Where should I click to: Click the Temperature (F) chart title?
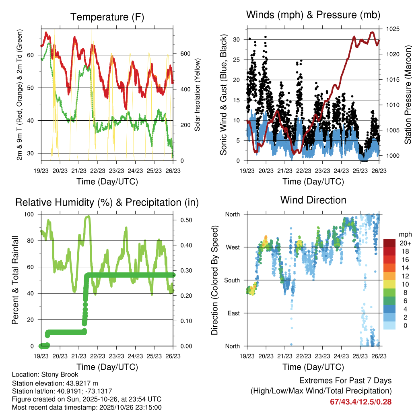pos(107,17)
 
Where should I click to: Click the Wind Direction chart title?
pos(313,200)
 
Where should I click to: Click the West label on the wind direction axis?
pos(232,247)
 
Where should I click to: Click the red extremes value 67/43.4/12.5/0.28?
pos(361,402)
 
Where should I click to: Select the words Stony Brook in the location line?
pos(61,375)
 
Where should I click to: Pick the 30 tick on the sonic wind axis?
pos(238,39)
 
